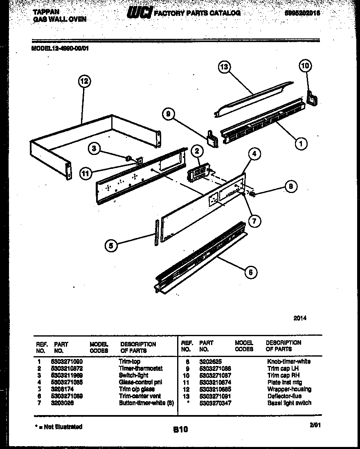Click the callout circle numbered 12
click(x=84, y=81)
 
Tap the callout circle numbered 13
click(x=224, y=67)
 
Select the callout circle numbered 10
click(x=305, y=65)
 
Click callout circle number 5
click(x=111, y=245)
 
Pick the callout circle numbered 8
click(x=290, y=187)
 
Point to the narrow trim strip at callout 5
click(x=156, y=232)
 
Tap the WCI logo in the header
click(x=140, y=13)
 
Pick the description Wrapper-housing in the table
click(x=289, y=389)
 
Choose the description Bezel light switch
click(x=289, y=403)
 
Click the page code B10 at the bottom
click(x=180, y=430)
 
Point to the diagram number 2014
click(x=300, y=318)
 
